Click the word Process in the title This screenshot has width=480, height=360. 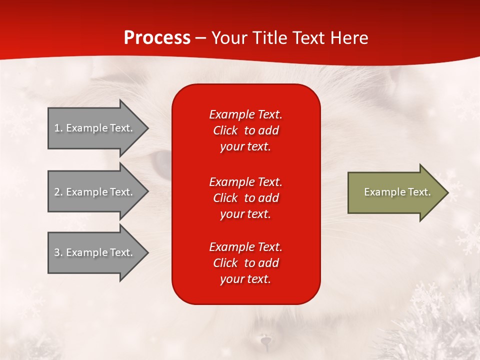click(157, 37)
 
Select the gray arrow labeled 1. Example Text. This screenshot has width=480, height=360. click(98, 128)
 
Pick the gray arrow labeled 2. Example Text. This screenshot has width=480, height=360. click(98, 191)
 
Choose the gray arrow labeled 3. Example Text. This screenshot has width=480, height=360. click(98, 252)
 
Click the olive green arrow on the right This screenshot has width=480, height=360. click(398, 192)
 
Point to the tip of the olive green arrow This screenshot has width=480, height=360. click(448, 192)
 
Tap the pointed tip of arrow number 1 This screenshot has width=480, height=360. click(148, 128)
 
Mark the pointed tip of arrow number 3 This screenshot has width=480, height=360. click(148, 252)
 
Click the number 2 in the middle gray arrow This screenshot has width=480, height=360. click(58, 192)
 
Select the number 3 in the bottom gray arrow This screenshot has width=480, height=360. click(58, 252)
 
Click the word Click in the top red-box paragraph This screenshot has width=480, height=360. click(225, 130)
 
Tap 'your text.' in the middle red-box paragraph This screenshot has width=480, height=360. click(245, 214)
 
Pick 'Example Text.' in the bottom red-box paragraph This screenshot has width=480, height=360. click(246, 246)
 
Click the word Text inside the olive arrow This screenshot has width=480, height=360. click(419, 192)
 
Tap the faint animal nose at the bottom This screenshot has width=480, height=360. click(265, 340)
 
